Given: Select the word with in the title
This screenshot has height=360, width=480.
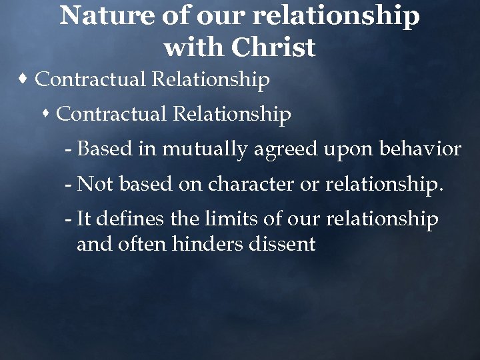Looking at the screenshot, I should tap(194, 47).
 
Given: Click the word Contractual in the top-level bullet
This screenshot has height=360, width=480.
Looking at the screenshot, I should tap(91, 80).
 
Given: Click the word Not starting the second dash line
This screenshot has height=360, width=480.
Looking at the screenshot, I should tap(94, 184).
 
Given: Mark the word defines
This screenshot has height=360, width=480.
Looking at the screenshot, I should tap(125, 219).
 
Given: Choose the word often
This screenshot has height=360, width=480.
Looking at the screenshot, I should tap(143, 244).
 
